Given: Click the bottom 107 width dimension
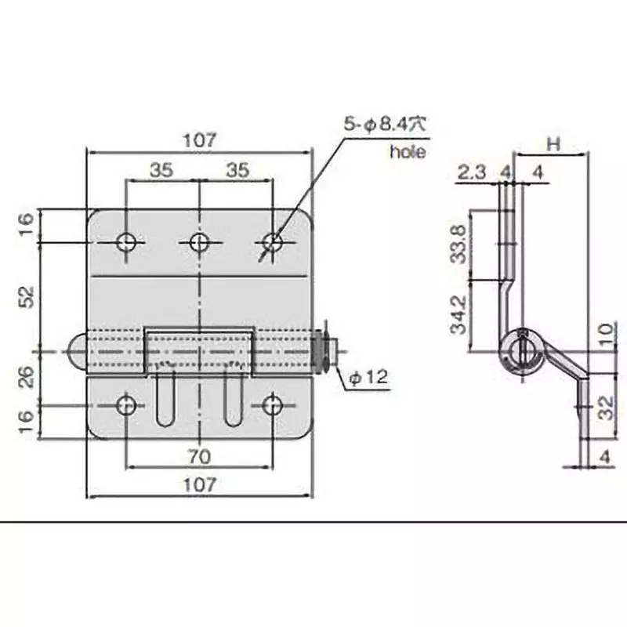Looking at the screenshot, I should click(200, 484).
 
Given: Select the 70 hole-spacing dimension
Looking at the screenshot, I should click(200, 455).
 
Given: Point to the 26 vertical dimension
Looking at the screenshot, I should click(25, 379).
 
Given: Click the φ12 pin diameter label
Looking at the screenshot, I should click(368, 378).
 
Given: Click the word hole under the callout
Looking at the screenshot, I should click(408, 152).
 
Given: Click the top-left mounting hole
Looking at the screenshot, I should click(126, 242).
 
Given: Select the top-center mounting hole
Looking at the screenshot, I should click(200, 242).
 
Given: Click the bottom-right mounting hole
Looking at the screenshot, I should click(273, 405).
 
